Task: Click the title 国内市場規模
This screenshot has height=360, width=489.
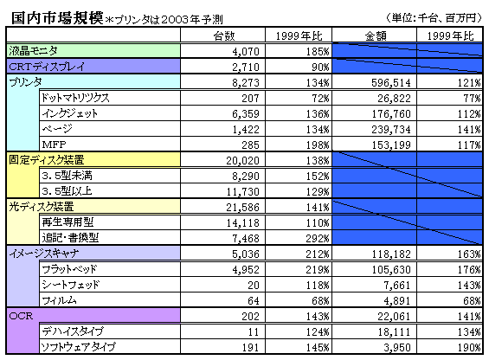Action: coord(57,18)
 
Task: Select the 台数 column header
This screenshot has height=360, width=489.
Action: coord(224,35)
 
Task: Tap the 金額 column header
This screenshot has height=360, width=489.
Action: coord(376,35)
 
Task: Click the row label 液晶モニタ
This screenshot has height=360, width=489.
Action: coord(34,50)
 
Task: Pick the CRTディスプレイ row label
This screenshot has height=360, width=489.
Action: coord(47,67)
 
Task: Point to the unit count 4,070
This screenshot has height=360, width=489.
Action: coord(246,51)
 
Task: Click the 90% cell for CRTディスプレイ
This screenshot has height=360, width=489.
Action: coord(320,67)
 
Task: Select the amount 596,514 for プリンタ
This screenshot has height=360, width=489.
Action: coord(391,83)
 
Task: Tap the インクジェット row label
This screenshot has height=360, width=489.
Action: coord(70,113)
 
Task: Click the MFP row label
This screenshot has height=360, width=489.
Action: coord(54,145)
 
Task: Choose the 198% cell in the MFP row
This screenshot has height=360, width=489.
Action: coord(318,145)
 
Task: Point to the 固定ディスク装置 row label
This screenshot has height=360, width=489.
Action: coord(47,160)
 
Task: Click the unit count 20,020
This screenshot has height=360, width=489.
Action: coord(243,161)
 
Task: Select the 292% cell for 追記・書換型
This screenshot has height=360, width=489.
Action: coord(318,239)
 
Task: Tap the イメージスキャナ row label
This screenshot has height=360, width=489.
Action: coord(43,254)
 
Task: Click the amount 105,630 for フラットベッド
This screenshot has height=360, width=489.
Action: coord(391,270)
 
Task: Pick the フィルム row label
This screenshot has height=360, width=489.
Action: coord(59,300)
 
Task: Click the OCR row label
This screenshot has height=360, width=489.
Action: coord(21,316)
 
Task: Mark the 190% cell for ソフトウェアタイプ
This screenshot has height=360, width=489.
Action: coord(469,348)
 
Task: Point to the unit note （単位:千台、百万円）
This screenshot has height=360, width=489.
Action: coord(434,18)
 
